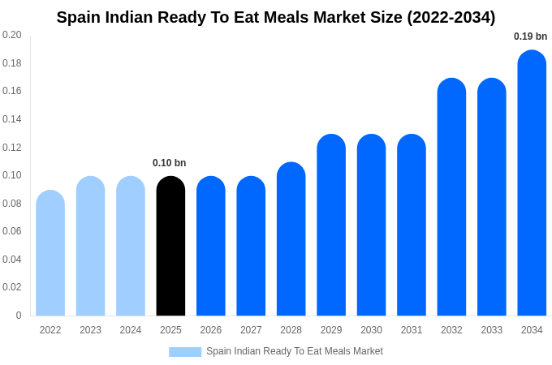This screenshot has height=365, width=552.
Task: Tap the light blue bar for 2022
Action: pos(50,253)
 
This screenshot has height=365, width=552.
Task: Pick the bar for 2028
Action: pos(291,239)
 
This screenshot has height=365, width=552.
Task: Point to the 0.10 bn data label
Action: pos(169,163)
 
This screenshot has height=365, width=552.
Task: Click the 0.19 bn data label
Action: pos(530,36)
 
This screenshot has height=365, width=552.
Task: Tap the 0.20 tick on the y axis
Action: pos(12,35)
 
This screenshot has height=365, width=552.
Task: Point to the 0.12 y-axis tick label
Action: pos(12,148)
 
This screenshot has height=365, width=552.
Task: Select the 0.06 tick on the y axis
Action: pos(12,231)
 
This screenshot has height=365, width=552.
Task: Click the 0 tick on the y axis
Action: pos(19,316)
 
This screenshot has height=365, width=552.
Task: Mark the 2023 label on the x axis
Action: pos(90,330)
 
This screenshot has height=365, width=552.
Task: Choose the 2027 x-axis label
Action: pos(251,330)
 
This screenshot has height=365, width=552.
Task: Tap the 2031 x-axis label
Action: pos(412,330)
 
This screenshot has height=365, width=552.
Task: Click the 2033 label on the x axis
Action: pos(491,330)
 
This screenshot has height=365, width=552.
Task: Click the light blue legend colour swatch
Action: pos(185,352)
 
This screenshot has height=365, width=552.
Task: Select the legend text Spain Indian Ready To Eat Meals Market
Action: pos(294,351)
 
